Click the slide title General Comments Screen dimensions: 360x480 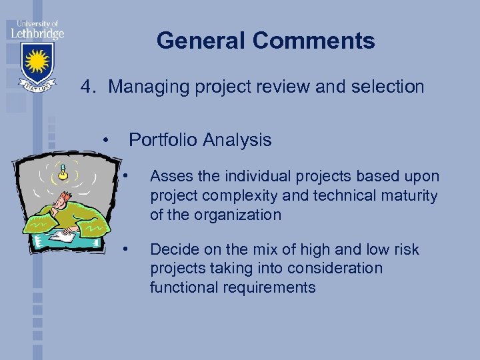(265, 41)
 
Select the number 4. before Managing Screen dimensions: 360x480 (90, 87)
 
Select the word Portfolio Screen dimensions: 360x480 (163, 140)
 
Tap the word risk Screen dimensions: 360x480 (406, 250)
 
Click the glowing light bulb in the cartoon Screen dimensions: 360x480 (63, 172)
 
